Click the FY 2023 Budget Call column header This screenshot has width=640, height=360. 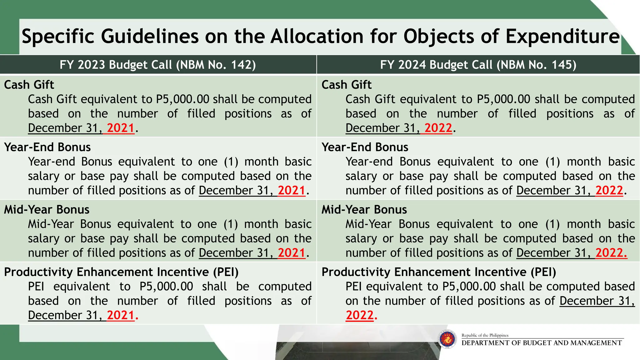pyautogui.click(x=158, y=65)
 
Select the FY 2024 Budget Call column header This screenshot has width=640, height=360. pyautogui.click(x=478, y=65)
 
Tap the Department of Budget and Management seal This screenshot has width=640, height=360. pyautogui.click(x=447, y=339)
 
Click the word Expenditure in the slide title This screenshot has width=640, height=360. pyautogui.click(x=562, y=36)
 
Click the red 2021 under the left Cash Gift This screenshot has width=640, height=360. pyautogui.click(x=121, y=128)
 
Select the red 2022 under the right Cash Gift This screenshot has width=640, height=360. pyautogui.click(x=438, y=128)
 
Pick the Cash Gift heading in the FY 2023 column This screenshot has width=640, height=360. pyautogui.click(x=29, y=85)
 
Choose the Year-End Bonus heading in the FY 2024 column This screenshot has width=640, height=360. pyautogui.click(x=365, y=147)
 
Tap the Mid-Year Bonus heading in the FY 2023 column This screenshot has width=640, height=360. pyautogui.click(x=47, y=210)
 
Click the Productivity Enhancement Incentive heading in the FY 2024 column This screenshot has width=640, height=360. pyautogui.click(x=439, y=272)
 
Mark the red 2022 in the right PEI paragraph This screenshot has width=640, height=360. pyautogui.click(x=360, y=315)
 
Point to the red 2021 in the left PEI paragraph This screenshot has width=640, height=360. pyautogui.click(x=121, y=315)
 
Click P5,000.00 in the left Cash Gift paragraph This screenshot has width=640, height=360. pyautogui.click(x=182, y=99)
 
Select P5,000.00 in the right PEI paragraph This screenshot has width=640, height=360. pyautogui.click(x=469, y=287)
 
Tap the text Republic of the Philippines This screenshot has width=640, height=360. pyautogui.click(x=485, y=335)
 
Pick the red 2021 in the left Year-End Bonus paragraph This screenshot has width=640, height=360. pyautogui.click(x=291, y=191)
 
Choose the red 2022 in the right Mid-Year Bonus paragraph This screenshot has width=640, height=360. pyautogui.click(x=609, y=253)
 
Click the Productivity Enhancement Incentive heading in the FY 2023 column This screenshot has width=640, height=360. pyautogui.click(x=121, y=272)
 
